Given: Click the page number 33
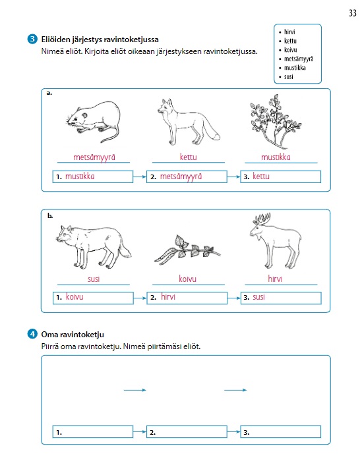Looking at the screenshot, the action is click(x=353, y=13).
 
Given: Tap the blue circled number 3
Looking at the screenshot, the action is click(x=32, y=39).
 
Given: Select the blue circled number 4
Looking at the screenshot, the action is click(x=32, y=334).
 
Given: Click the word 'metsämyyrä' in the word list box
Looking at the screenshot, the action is click(x=299, y=59).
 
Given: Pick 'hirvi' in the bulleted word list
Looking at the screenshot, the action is click(x=289, y=32).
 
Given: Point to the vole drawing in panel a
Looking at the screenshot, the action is click(x=93, y=121).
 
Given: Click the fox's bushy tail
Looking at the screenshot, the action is click(x=212, y=130).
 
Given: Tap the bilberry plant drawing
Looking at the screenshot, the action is click(x=276, y=121).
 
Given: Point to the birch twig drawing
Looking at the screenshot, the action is click(x=187, y=250).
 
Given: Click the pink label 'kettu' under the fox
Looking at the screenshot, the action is click(x=188, y=157).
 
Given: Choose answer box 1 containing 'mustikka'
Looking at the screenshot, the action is click(x=93, y=177).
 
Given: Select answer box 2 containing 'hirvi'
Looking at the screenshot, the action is click(x=187, y=298).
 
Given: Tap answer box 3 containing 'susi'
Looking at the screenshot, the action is click(x=281, y=298).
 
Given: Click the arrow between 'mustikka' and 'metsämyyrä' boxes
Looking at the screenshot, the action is click(x=140, y=177).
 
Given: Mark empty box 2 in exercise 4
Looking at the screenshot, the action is click(x=187, y=432).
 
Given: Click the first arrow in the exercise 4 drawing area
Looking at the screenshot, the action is click(x=135, y=390).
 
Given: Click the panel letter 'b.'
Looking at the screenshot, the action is click(x=50, y=215).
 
